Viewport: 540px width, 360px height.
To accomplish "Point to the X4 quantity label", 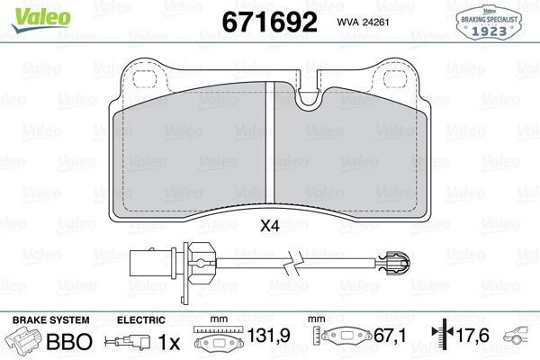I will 270,227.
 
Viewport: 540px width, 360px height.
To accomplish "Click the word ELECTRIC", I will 141,320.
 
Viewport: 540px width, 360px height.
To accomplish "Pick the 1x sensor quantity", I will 168,342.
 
